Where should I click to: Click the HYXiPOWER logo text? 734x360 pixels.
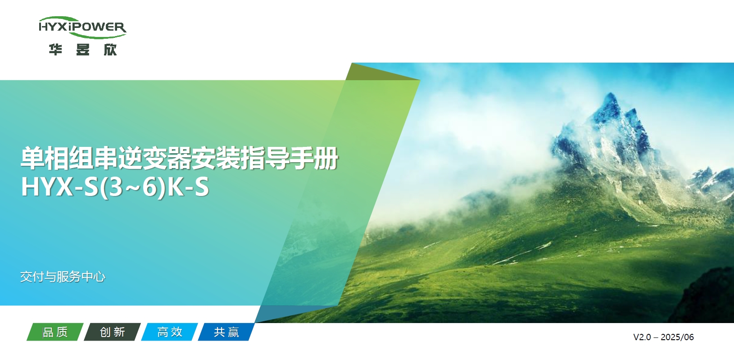[82, 27]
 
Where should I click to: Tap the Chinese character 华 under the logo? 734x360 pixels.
[55, 49]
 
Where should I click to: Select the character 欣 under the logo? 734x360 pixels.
[110, 49]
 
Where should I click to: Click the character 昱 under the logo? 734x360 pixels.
[83, 49]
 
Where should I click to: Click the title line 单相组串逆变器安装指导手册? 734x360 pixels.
[179, 158]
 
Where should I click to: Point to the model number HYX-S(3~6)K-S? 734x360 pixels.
[115, 187]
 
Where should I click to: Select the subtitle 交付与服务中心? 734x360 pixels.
[63, 276]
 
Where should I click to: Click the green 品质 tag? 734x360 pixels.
[55, 332]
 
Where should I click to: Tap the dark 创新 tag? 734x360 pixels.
[112, 332]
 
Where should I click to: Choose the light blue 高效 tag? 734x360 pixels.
[169, 332]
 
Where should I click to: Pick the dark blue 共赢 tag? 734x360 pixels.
[226, 332]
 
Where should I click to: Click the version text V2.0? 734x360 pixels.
[642, 337]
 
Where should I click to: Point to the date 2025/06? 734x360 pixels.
[677, 337]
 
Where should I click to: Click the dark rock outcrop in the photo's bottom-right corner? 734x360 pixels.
[709, 297]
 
